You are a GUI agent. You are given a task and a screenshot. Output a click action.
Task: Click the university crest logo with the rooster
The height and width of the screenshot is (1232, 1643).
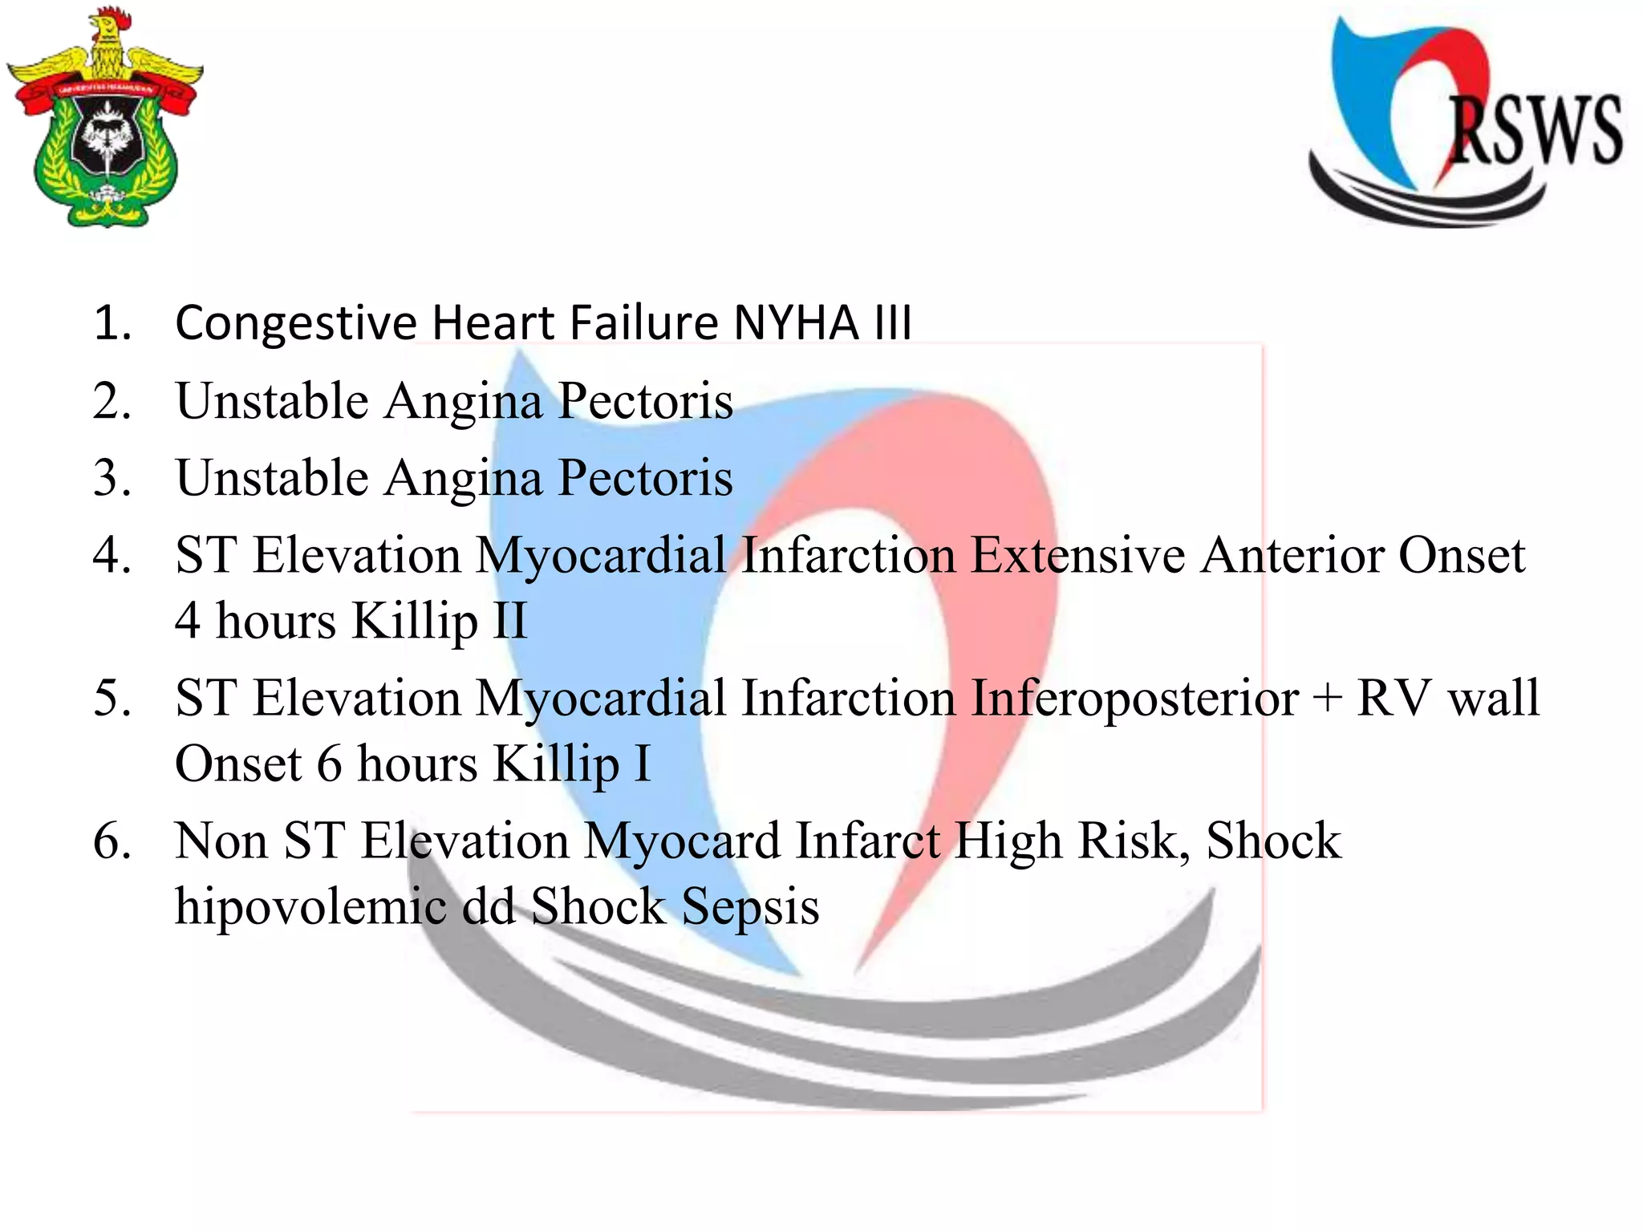[x=104, y=120]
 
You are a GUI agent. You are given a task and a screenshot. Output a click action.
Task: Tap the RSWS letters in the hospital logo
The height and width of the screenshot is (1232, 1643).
[x=1534, y=131]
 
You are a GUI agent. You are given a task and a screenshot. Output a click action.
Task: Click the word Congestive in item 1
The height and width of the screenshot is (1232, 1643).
[x=295, y=322]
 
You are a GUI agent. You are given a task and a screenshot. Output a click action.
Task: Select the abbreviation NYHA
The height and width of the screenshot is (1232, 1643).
[x=796, y=322]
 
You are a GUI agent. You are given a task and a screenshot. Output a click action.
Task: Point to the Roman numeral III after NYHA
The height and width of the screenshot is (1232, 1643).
[x=892, y=322]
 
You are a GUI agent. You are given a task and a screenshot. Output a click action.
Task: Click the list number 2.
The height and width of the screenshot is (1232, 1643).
[x=112, y=401]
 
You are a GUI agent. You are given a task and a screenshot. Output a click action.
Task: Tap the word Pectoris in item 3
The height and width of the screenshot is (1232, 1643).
[x=645, y=478]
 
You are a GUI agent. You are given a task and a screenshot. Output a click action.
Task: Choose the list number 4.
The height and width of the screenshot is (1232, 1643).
[x=112, y=555]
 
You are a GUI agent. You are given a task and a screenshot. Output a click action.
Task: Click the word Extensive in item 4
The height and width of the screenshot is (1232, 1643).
[x=1077, y=555]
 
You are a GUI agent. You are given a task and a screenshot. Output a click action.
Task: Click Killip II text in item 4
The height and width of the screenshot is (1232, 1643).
[x=440, y=621]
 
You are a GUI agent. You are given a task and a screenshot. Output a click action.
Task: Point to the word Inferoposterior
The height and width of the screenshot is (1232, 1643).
[x=1134, y=698]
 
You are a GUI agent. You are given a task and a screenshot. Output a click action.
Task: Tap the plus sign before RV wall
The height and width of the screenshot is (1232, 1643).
[x=1328, y=698]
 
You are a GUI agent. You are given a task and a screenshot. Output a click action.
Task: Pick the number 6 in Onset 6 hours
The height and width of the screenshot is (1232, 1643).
[x=330, y=764]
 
